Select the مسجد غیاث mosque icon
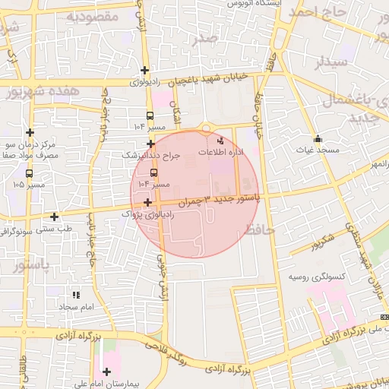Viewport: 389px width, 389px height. coord(318,139)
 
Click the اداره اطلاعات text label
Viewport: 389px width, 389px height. coord(221,153)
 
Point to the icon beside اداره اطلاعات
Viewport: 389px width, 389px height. coord(221,141)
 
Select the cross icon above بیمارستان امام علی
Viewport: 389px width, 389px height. coord(106,372)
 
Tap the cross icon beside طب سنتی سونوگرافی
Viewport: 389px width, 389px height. coord(55,217)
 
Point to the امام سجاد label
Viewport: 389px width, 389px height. coord(76,306)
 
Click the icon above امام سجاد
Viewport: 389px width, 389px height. coord(76,295)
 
